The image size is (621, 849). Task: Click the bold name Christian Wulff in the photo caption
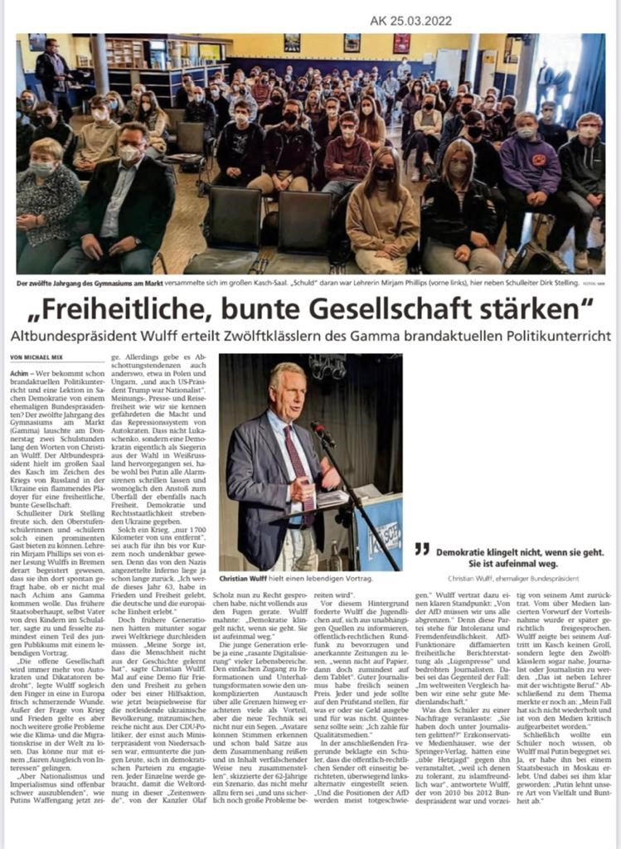tap(250, 577)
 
